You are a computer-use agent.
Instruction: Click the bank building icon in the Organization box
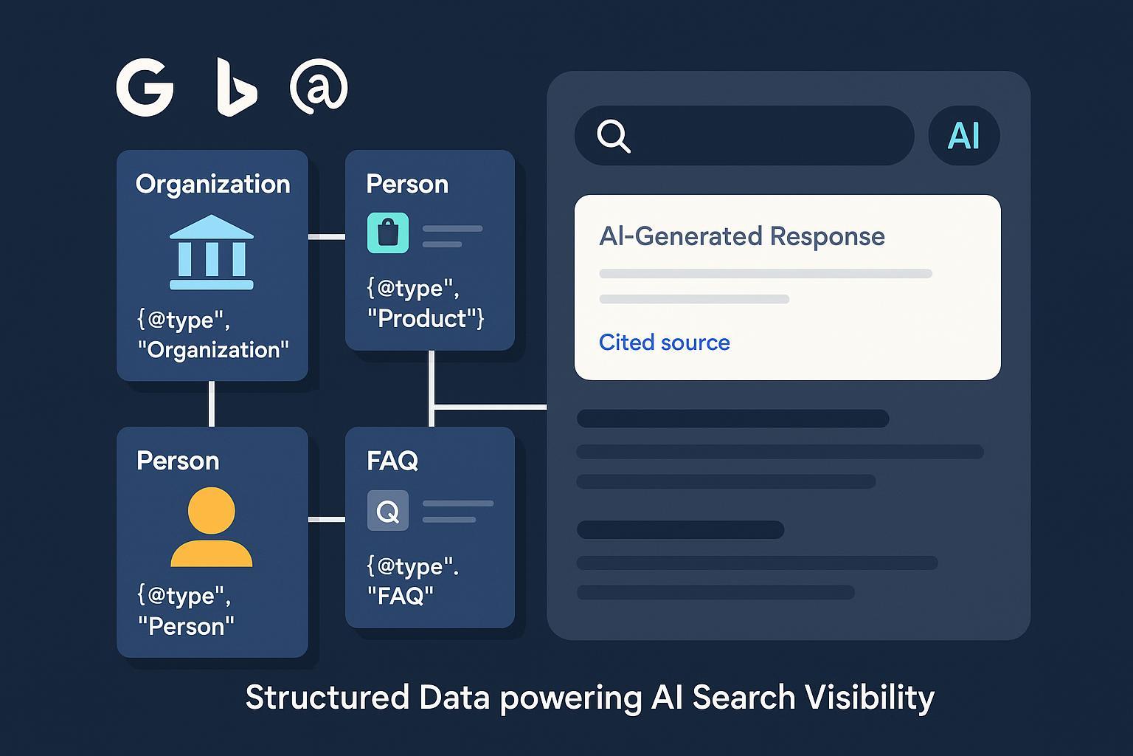[x=212, y=252]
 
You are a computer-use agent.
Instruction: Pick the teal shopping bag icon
[x=388, y=233]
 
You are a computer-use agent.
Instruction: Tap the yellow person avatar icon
[x=212, y=527]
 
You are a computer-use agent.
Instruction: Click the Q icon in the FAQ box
[x=388, y=510]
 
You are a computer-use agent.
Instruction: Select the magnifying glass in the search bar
[x=614, y=136]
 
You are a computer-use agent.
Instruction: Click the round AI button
[x=963, y=136]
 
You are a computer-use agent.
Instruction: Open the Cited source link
[x=664, y=343]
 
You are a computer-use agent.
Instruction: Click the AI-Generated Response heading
[x=741, y=236]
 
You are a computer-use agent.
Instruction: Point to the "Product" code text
[x=426, y=319]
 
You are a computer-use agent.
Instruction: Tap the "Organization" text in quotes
[x=213, y=350]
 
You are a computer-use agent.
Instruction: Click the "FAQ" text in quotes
[x=401, y=596]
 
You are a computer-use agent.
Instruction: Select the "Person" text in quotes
[x=186, y=627]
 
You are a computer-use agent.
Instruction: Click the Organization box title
[x=212, y=184]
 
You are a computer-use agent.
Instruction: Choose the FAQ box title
[x=392, y=461]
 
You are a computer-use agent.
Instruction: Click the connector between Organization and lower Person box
[x=212, y=404]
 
